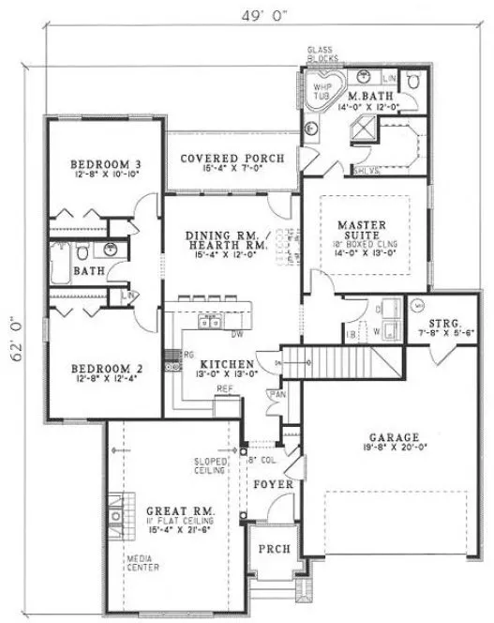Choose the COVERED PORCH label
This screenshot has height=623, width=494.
(x=232, y=159)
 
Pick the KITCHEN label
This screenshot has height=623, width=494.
(x=220, y=363)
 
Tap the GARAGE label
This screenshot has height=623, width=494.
(x=394, y=436)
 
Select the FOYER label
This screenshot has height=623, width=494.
(x=274, y=484)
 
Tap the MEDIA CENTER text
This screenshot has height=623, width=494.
(x=143, y=563)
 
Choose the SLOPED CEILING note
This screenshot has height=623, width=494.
(x=211, y=466)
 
